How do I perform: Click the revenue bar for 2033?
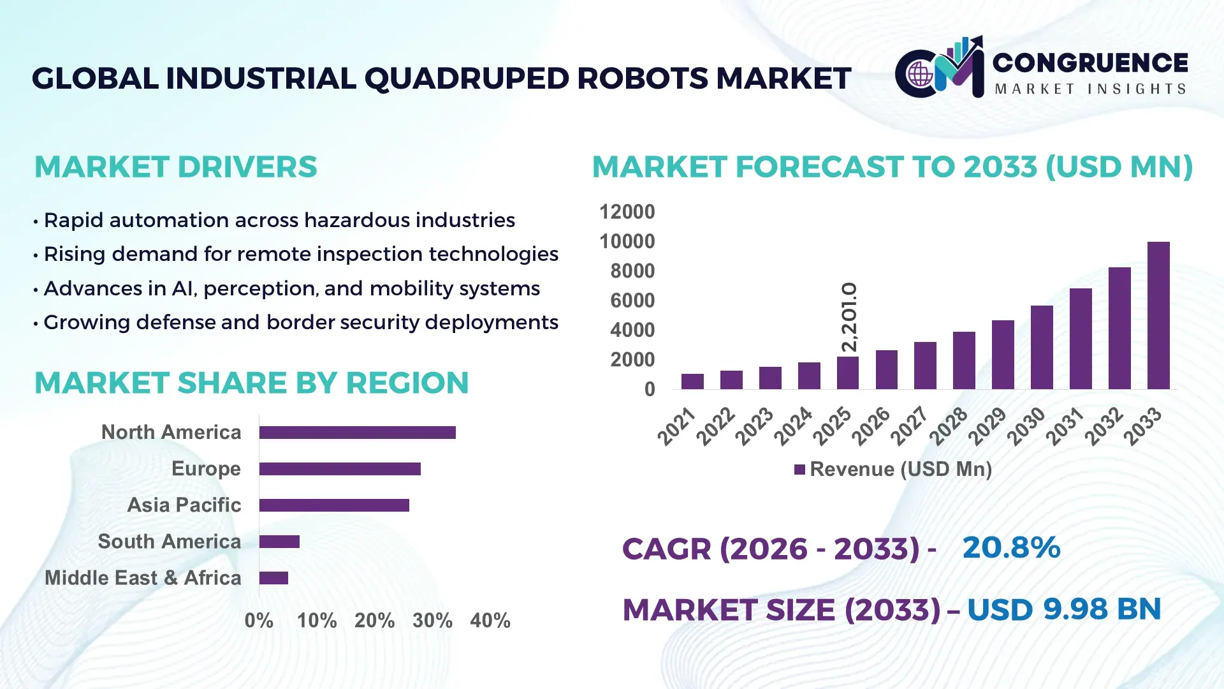(1158, 316)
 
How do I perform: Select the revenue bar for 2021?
(692, 382)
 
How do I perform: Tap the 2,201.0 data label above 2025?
(849, 317)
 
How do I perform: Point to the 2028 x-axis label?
(948, 426)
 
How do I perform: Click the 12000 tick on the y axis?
(627, 212)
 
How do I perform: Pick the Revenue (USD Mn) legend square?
(799, 470)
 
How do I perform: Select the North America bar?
(357, 433)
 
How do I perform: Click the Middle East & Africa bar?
(273, 578)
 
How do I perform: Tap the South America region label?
(169, 542)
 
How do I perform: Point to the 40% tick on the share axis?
(490, 620)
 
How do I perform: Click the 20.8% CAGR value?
(1011, 547)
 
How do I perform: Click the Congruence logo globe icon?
(920, 75)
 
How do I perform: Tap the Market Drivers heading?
(175, 167)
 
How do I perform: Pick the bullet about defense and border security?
(300, 322)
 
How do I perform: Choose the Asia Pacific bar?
(334, 505)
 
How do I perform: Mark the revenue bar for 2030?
(1042, 348)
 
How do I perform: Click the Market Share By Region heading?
(251, 383)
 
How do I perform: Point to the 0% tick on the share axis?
(258, 620)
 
